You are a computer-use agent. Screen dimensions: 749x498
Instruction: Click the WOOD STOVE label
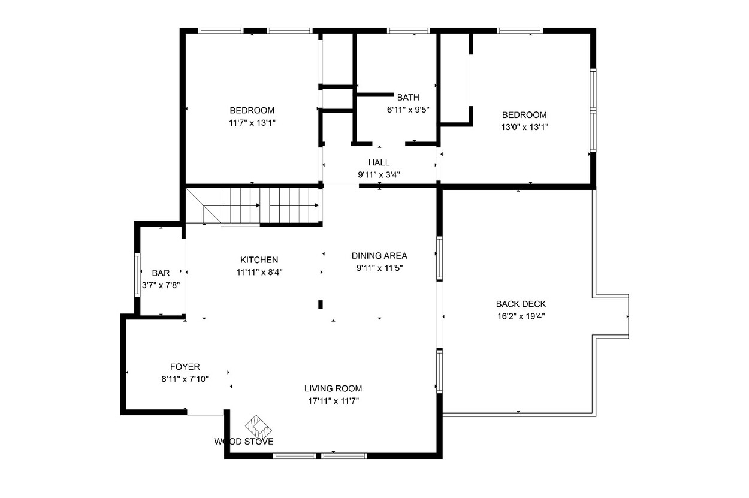click(x=244, y=442)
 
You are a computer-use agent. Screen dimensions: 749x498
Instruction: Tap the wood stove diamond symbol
click(x=258, y=427)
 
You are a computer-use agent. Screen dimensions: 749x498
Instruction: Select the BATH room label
click(x=408, y=97)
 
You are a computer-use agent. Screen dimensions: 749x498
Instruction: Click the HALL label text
click(x=379, y=162)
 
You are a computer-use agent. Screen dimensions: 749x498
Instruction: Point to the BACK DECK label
click(x=521, y=304)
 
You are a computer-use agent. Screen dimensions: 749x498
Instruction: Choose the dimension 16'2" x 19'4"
click(x=521, y=316)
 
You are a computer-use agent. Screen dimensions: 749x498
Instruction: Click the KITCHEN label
click(x=259, y=260)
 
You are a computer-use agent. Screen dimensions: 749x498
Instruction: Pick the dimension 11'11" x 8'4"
click(x=259, y=272)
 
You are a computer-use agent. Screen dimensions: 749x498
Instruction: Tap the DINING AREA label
click(x=379, y=256)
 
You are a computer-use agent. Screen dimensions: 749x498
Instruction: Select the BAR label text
click(x=161, y=273)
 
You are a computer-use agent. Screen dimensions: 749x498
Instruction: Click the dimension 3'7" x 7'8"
click(x=161, y=285)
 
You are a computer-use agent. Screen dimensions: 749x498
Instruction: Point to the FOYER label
click(x=185, y=367)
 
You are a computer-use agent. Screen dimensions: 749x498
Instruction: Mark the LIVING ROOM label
click(x=333, y=388)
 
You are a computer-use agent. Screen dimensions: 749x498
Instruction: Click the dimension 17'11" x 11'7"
click(x=333, y=401)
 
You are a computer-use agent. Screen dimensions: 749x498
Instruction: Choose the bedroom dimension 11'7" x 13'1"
click(x=252, y=123)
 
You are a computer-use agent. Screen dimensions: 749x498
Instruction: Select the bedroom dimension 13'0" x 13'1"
click(x=525, y=128)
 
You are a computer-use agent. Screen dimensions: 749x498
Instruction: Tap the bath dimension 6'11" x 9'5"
click(x=408, y=110)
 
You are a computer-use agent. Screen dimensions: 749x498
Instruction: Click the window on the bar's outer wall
click(x=137, y=275)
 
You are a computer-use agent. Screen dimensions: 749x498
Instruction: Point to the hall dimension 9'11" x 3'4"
click(x=379, y=174)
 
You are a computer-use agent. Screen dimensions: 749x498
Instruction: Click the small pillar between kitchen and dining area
click(x=321, y=304)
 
